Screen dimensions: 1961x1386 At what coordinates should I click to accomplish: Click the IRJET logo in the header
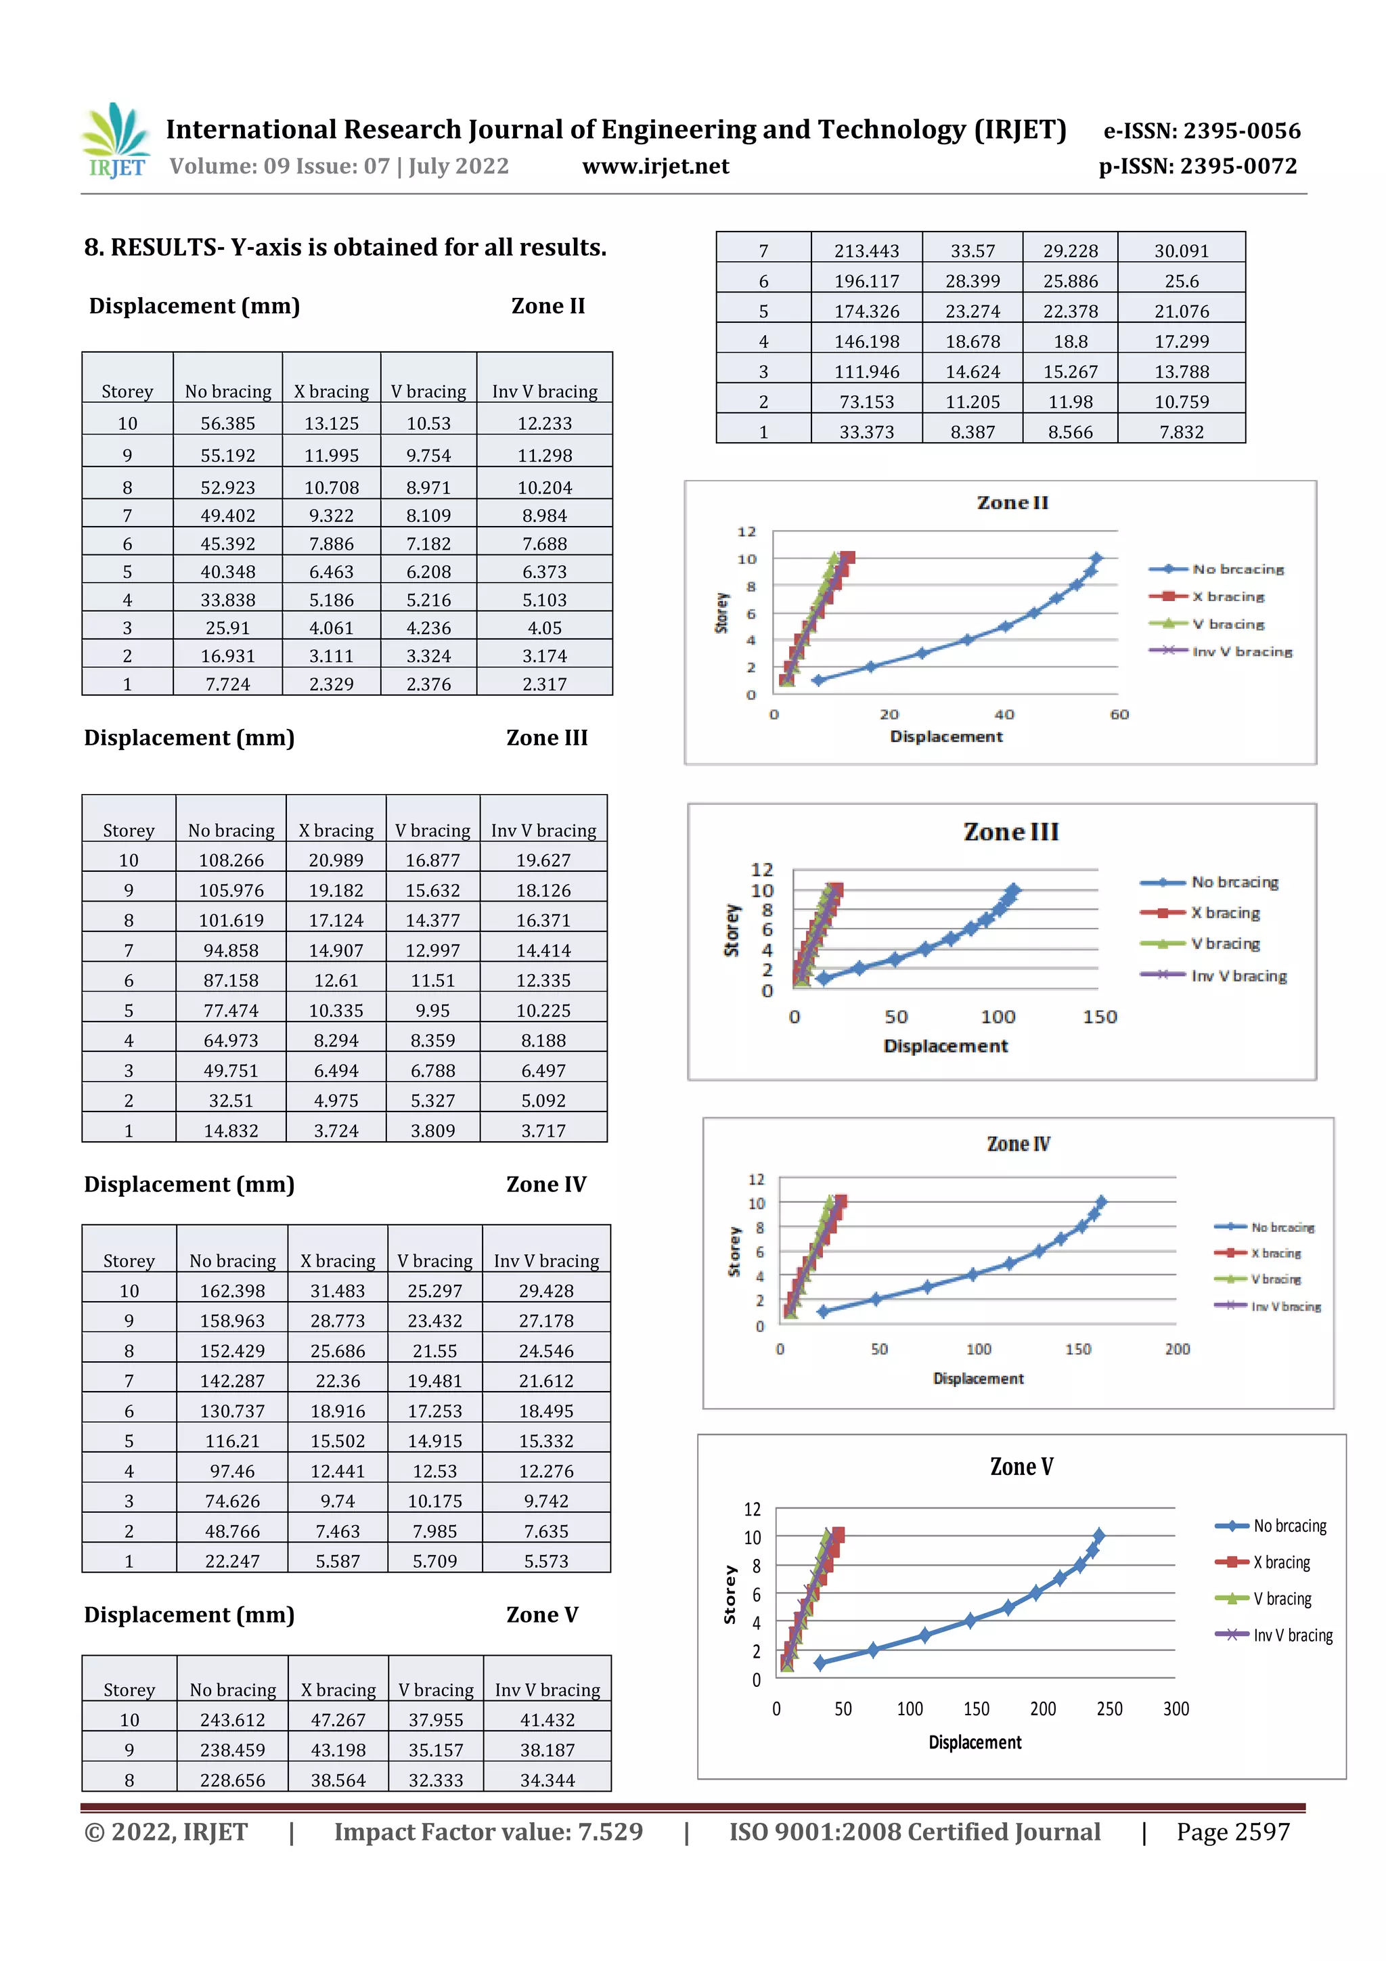click(117, 140)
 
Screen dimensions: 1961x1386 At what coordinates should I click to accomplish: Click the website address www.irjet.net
click(655, 166)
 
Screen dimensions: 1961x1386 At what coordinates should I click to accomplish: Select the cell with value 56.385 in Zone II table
click(227, 424)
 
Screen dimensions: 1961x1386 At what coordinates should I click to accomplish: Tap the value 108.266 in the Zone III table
click(231, 860)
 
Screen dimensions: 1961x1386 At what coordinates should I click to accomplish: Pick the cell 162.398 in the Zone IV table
click(232, 1291)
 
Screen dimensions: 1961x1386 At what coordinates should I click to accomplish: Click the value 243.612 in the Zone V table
click(232, 1719)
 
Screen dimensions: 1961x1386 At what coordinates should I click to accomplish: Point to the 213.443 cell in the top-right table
click(866, 251)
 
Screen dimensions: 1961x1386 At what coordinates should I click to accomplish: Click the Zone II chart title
click(1012, 503)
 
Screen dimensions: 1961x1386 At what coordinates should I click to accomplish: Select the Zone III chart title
click(1010, 832)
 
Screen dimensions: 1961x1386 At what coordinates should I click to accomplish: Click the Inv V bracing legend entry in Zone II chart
click(1240, 652)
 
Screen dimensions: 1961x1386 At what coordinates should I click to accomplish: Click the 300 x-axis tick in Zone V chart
click(1175, 1709)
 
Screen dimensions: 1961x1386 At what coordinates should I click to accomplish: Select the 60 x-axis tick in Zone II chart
click(1119, 715)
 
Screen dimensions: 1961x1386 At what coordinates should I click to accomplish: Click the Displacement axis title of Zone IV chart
click(978, 1378)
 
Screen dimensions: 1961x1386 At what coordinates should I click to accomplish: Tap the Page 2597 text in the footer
click(1232, 1832)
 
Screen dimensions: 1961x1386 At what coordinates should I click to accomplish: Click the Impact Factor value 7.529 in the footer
click(488, 1832)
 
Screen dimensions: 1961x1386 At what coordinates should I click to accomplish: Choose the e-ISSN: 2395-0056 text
click(1201, 131)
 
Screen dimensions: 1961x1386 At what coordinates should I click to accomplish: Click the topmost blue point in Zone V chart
click(1098, 1536)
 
